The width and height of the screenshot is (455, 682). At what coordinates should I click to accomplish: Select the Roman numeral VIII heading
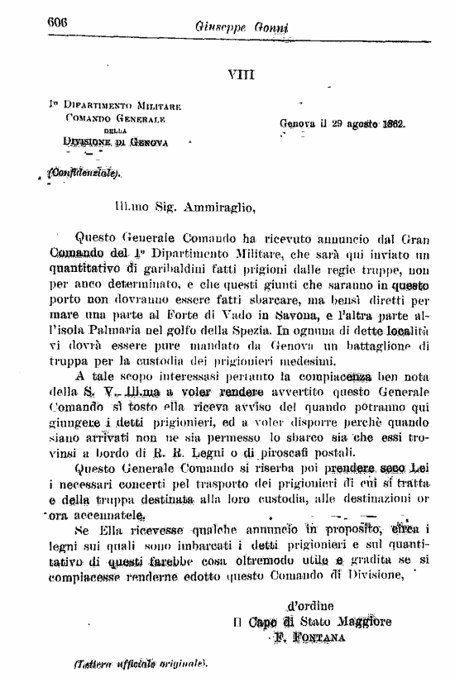coord(240,74)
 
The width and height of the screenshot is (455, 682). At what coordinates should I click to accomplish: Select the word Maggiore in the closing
coord(363,622)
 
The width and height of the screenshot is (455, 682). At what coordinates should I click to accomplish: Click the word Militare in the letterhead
coord(153,107)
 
